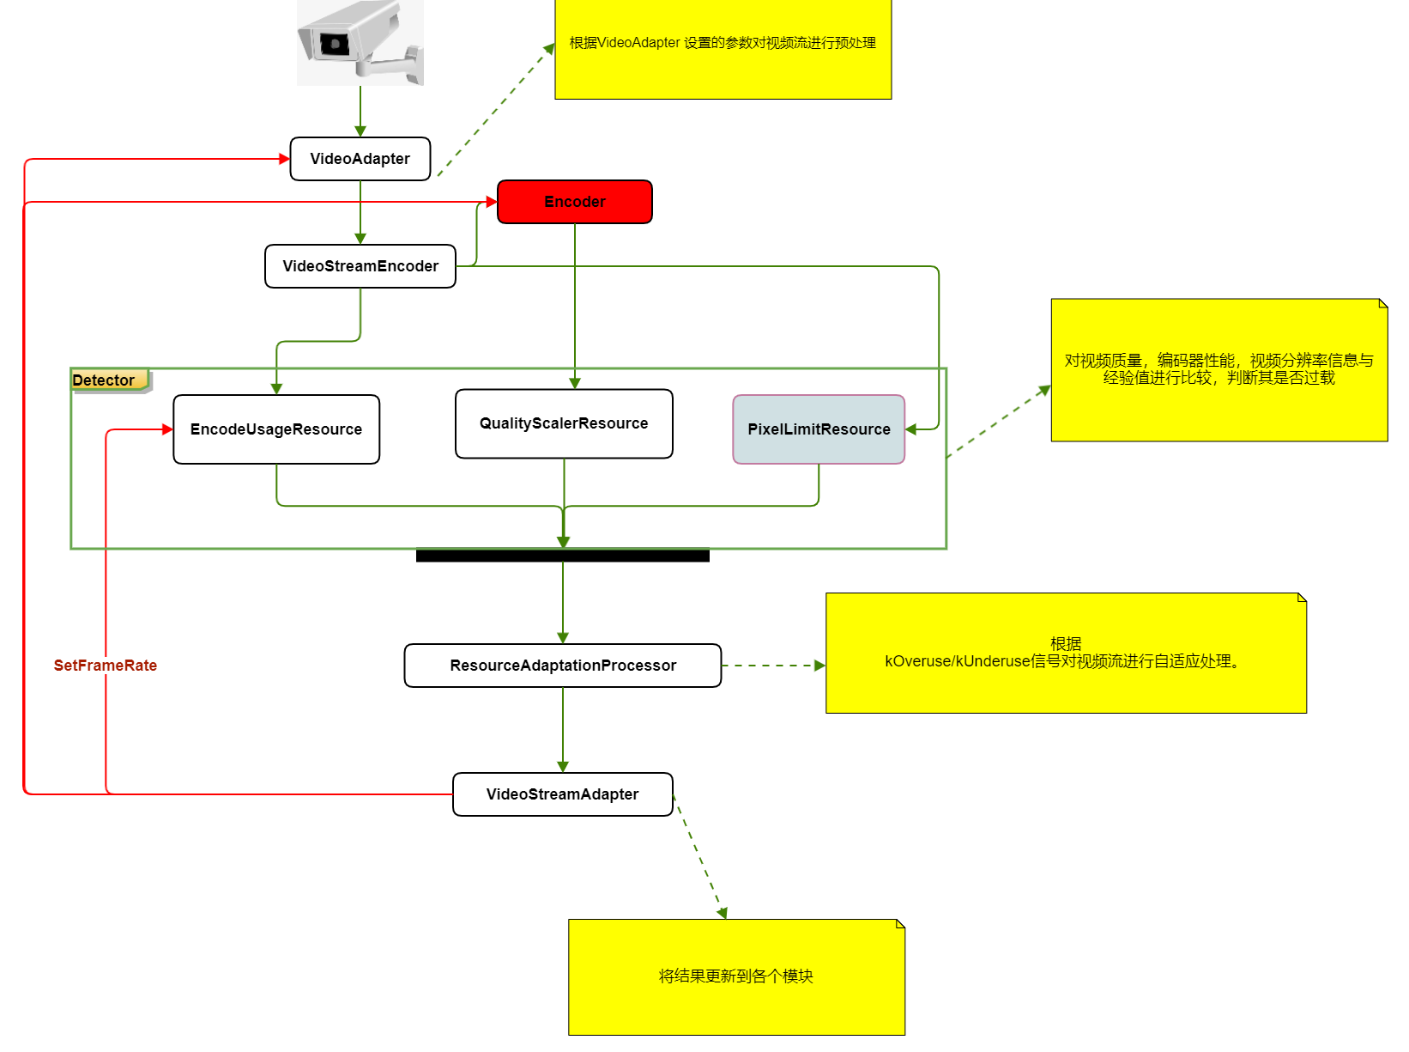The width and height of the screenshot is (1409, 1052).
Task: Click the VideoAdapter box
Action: click(x=360, y=159)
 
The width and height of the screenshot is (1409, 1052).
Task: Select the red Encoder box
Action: click(x=574, y=202)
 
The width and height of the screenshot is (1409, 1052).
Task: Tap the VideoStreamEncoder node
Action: click(x=360, y=266)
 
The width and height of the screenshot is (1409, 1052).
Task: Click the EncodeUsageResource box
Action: click(x=275, y=429)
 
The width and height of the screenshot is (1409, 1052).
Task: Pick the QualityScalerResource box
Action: click(x=563, y=423)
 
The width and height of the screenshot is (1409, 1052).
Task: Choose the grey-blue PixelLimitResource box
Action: click(x=818, y=429)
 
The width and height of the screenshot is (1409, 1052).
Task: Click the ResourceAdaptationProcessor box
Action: click(x=562, y=666)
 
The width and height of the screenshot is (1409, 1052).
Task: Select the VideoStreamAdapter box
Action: click(x=562, y=794)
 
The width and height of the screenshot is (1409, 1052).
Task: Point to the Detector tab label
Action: click(x=105, y=380)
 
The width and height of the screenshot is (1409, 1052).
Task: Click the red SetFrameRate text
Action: click(x=105, y=666)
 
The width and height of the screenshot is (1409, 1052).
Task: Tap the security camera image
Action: click(x=360, y=43)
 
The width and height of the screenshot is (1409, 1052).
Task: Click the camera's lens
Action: click(x=333, y=43)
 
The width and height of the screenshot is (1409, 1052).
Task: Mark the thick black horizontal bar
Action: click(x=562, y=556)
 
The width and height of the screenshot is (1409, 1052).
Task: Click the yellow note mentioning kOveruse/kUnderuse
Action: click(x=1065, y=653)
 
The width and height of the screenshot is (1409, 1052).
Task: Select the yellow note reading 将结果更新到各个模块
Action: click(x=735, y=976)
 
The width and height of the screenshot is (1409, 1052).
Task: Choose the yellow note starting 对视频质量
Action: click(x=1219, y=369)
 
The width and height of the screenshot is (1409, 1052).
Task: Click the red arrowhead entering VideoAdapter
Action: click(x=285, y=159)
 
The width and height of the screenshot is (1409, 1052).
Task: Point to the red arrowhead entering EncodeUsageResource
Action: click(x=168, y=429)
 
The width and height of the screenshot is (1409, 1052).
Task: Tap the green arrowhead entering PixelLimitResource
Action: click(x=911, y=429)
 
